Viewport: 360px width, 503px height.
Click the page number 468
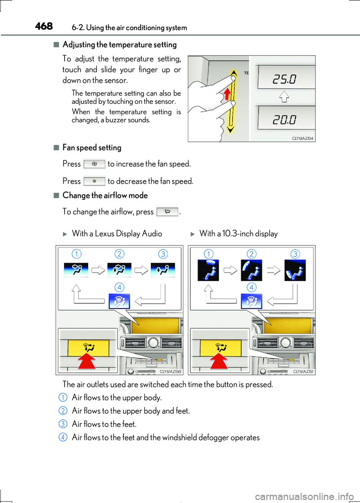pos(44,26)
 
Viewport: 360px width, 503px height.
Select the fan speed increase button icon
pos(94,164)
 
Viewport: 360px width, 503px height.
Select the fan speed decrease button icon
pos(94,181)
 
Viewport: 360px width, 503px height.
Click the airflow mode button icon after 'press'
pos(167,212)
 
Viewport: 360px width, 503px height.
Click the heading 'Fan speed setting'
pos(92,148)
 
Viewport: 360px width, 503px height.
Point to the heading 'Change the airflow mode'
pos(105,195)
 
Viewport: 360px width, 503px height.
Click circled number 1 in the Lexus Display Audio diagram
pos(76,254)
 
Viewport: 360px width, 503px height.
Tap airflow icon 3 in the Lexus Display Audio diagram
pos(163,270)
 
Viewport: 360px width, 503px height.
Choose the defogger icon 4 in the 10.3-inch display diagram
pos(251,301)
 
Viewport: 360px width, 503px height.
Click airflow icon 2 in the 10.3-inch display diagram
pos(251,270)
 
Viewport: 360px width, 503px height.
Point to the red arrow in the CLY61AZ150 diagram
pos(87,361)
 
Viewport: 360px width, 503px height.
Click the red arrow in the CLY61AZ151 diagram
pos(219,361)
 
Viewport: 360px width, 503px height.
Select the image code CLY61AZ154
pos(302,138)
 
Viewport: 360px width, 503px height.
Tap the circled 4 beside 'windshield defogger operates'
pos(63,437)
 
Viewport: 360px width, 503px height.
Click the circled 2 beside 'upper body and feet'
pos(63,411)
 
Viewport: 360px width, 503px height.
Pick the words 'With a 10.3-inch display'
pos(238,234)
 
